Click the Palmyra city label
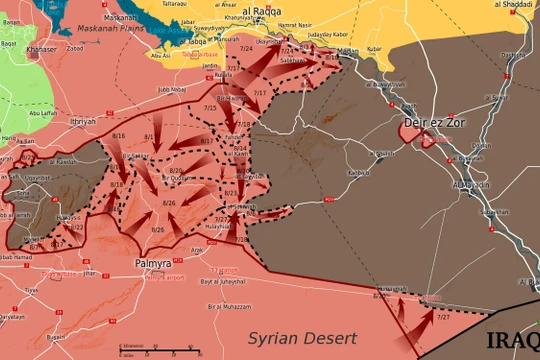[x=153, y=265]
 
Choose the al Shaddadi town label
[x=513, y=5]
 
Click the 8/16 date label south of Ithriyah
[x=119, y=133]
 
